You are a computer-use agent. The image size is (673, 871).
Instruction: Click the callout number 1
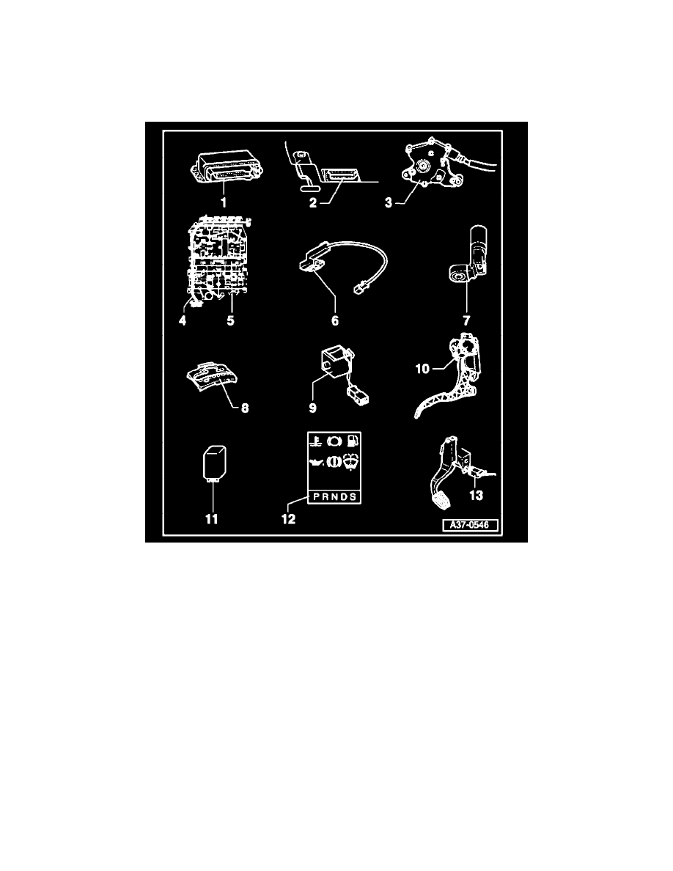pos(224,202)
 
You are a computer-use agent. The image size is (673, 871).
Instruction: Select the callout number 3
pos(389,203)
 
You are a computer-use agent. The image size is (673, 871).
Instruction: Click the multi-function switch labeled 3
pos(433,165)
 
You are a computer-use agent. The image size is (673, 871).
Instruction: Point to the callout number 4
pos(183,320)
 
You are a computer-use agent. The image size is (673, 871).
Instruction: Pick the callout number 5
pos(230,320)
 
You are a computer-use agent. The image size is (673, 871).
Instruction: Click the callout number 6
pos(335,320)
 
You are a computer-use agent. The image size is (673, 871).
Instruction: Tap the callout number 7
pos(466,320)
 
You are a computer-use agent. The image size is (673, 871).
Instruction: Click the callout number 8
pos(245,408)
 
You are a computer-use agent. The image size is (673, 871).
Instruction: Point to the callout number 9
pos(312,408)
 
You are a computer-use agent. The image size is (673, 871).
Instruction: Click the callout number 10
pos(422,369)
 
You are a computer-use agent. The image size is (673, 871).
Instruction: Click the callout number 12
pos(288,519)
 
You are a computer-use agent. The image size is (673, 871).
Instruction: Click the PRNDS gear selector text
pos(335,496)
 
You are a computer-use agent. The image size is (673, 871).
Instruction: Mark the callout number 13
pos(477,496)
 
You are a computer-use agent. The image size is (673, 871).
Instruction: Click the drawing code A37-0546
pos(471,525)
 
